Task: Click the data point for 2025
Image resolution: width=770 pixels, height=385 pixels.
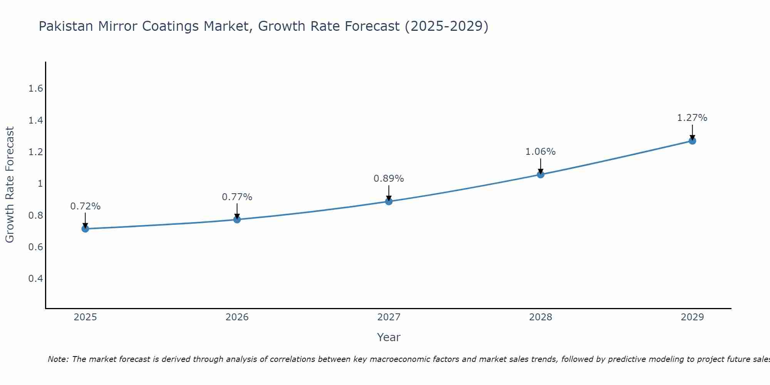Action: coord(85,229)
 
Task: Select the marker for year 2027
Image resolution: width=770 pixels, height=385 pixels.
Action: coord(389,201)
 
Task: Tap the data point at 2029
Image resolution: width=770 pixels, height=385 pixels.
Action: coord(692,141)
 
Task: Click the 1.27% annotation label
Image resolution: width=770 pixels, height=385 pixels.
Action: coord(692,118)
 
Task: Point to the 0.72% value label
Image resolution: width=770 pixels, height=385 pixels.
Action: coord(85,206)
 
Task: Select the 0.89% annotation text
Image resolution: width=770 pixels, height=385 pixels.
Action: coord(389,179)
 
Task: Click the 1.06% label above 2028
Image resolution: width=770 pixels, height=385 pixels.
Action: coord(541,152)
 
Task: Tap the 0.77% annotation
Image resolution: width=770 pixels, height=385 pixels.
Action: coord(237,197)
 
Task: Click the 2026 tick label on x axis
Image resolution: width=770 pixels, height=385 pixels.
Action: coord(237,317)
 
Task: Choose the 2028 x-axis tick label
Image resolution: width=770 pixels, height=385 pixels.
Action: coord(541,317)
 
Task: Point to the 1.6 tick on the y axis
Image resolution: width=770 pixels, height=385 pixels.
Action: coord(35,89)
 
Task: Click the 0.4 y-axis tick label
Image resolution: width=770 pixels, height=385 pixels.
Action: coord(35,278)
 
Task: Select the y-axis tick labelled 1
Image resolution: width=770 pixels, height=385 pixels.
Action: coord(40,184)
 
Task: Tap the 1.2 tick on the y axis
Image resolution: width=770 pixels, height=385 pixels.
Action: coord(35,152)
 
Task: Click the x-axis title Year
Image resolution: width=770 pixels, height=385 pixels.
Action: coord(389,337)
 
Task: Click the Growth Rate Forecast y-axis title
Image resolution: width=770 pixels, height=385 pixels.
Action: coord(10,185)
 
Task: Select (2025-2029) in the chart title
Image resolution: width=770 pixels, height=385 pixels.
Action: coord(447,27)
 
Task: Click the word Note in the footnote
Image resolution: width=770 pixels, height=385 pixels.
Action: coord(58,359)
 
